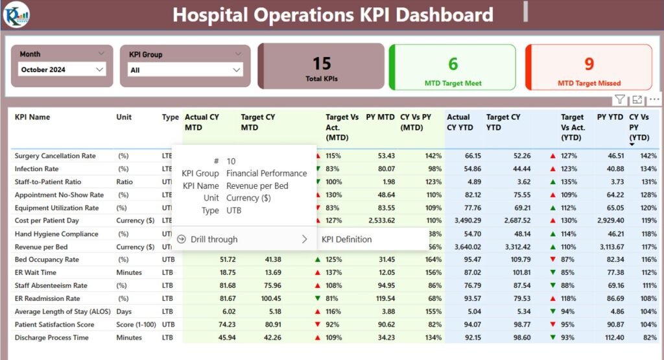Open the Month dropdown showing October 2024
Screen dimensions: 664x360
(62, 69)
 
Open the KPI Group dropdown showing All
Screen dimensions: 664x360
(185, 70)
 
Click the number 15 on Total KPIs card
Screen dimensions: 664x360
(322, 64)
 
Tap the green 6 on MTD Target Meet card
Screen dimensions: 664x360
(453, 64)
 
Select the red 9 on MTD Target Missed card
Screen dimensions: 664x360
(589, 64)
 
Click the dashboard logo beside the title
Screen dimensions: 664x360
(16, 15)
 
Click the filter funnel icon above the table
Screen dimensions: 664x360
(620, 99)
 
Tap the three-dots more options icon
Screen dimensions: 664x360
(654, 99)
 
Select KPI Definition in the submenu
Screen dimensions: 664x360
(346, 239)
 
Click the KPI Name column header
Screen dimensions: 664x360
(32, 117)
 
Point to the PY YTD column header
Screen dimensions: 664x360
(610, 117)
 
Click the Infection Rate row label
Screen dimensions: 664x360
(36, 169)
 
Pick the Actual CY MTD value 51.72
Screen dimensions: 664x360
(228, 259)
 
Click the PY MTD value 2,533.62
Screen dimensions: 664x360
(381, 221)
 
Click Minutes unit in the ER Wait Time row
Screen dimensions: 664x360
(129, 272)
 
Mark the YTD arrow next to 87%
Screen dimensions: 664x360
(552, 259)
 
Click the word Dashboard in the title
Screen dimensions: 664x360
(444, 15)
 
